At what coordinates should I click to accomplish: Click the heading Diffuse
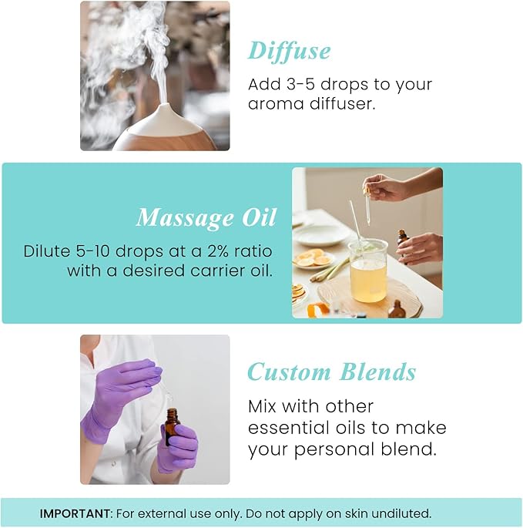tap(289, 51)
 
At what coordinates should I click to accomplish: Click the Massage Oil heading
tap(206, 218)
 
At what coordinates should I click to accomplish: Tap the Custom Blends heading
tap(331, 372)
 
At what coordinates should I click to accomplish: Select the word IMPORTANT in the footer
tap(75, 513)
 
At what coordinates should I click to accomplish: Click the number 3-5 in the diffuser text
tap(303, 84)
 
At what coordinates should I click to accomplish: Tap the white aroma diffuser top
tap(165, 123)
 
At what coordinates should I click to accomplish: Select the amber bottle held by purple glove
tap(171, 426)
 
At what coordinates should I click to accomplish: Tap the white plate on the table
tap(320, 234)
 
